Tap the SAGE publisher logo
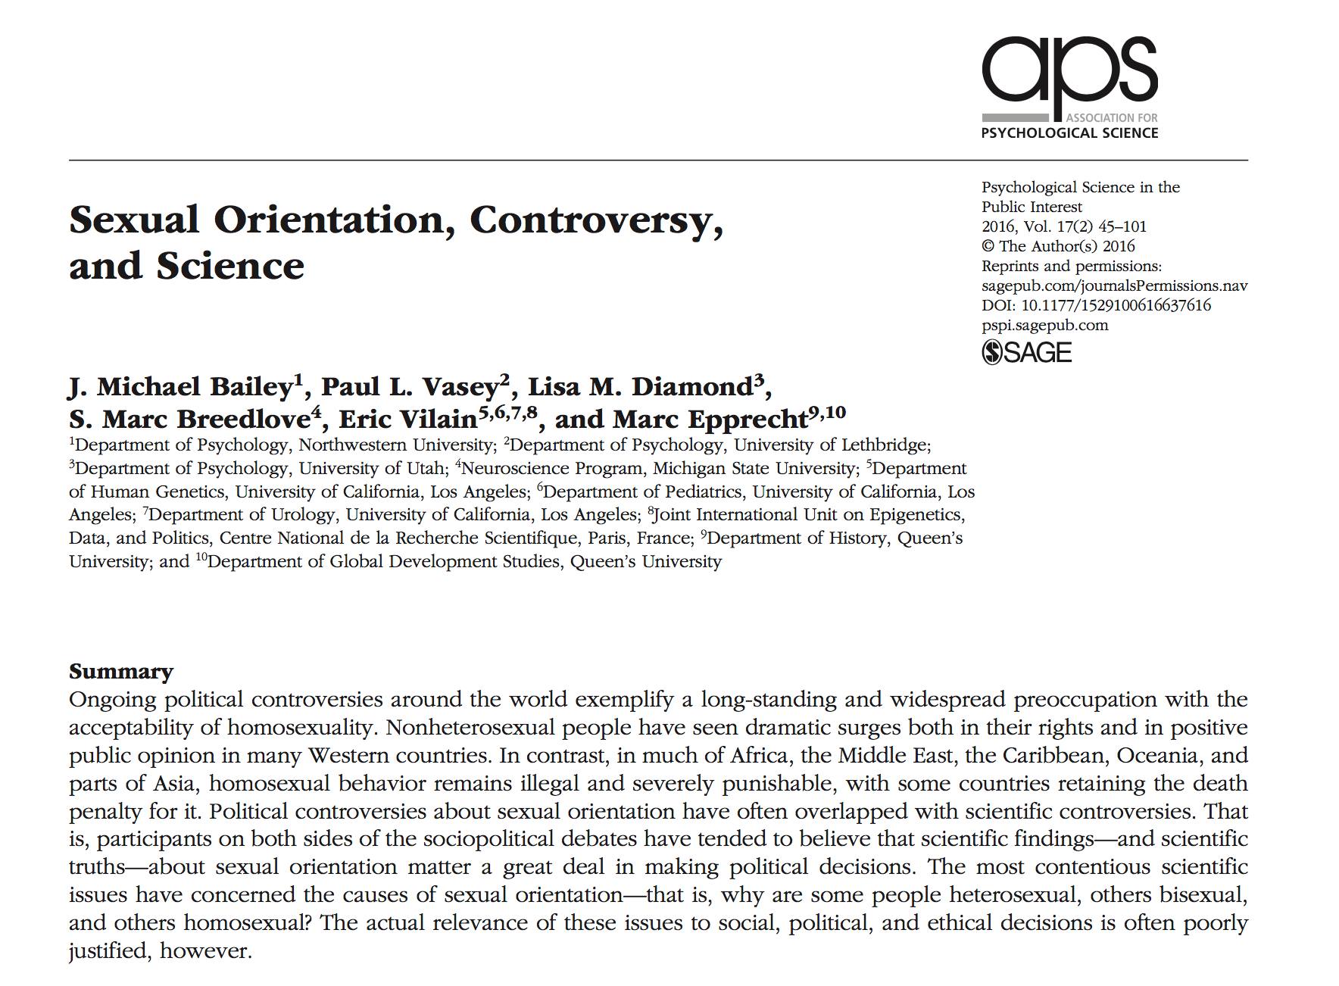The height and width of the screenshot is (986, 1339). [1027, 352]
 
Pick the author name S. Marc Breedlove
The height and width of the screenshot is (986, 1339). [189, 420]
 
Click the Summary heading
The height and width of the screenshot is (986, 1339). [121, 672]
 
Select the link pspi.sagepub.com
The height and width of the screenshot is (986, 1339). [1044, 325]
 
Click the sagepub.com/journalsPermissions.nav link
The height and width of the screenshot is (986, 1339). [1114, 286]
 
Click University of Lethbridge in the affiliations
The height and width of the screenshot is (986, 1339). [831, 445]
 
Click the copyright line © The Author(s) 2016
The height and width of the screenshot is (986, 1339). [1058, 246]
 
